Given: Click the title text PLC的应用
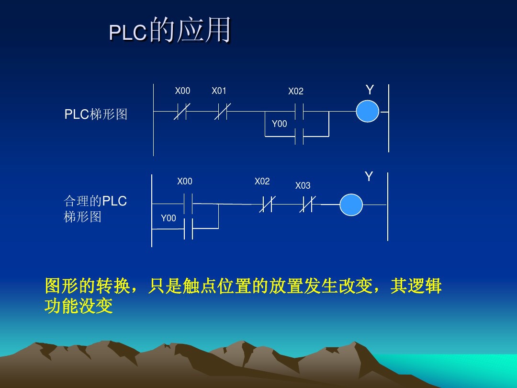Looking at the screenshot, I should pyautogui.click(x=170, y=31).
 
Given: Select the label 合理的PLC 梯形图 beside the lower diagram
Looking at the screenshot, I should pyautogui.click(x=95, y=209).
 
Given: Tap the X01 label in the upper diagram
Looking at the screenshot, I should pyautogui.click(x=219, y=91).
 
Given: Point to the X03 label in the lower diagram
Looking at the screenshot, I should pyautogui.click(x=303, y=186).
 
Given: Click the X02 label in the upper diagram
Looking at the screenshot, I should pyautogui.click(x=295, y=91).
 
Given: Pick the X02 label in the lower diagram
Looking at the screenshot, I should pyautogui.click(x=262, y=182).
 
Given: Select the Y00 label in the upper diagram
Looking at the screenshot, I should pyautogui.click(x=279, y=124).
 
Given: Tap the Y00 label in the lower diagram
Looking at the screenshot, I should pyautogui.click(x=168, y=218).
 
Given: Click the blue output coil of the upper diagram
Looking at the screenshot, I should pyautogui.click(x=367, y=112).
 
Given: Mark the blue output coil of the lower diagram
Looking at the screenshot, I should pyautogui.click(x=351, y=205).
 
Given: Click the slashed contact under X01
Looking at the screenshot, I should pyautogui.click(x=222, y=112).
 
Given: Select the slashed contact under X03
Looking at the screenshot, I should pyautogui.click(x=307, y=205).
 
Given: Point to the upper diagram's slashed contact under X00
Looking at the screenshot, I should pyautogui.click(x=180, y=112).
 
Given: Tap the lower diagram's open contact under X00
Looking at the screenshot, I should pyautogui.click(x=188, y=204).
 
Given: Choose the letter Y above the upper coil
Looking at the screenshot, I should pyautogui.click(x=370, y=90).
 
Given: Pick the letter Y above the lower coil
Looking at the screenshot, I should pyautogui.click(x=369, y=177).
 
